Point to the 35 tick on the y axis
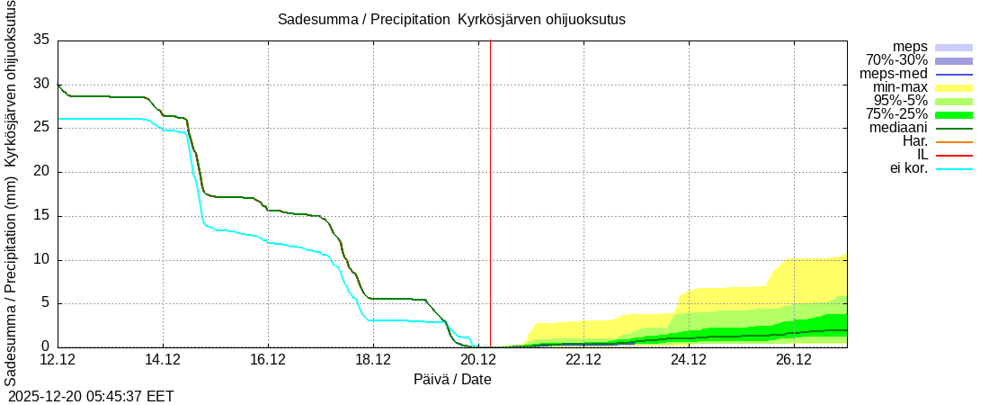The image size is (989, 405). coord(41,40)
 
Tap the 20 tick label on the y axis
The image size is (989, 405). coord(41,172)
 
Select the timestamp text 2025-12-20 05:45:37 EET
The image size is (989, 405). coord(91,396)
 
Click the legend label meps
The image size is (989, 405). coord(910,47)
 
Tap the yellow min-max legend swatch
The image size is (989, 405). coord(954,87)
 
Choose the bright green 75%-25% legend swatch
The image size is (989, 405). coord(954,114)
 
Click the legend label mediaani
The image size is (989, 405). coord(898,128)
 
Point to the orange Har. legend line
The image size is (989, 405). coord(954,141)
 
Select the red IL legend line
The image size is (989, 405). coord(954,155)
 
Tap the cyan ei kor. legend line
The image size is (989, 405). coord(954,168)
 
